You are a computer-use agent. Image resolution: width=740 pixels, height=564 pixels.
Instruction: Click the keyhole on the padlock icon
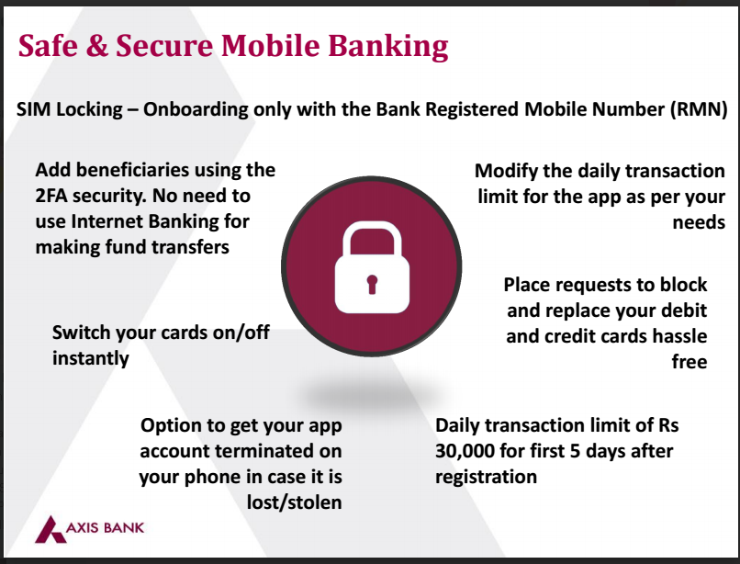click(x=371, y=281)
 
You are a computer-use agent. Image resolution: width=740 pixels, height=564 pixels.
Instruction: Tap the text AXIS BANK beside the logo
click(x=105, y=528)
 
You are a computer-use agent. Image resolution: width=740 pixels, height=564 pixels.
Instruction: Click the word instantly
click(x=90, y=358)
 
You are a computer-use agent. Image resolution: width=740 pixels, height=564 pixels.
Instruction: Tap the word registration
click(x=486, y=478)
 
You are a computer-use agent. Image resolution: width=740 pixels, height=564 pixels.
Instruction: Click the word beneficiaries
click(x=136, y=170)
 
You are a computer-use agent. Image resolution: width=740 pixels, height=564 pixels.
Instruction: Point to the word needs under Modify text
click(x=697, y=222)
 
